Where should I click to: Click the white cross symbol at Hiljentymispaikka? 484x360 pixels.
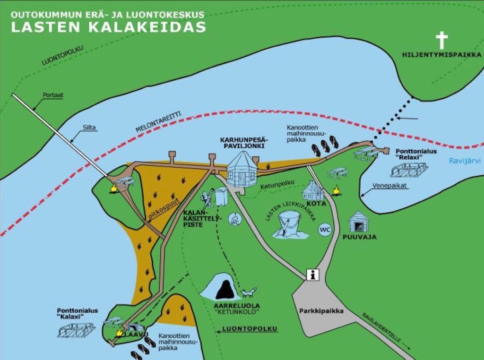(441, 41)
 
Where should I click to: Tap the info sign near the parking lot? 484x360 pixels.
(312, 274)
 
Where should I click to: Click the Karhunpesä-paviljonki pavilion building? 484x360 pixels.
(242, 169)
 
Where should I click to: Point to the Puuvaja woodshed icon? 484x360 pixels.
(359, 222)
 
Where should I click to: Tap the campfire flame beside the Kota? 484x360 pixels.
(336, 190)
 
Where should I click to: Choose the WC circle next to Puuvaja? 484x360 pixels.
(325, 230)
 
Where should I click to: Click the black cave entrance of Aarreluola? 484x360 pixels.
(225, 290)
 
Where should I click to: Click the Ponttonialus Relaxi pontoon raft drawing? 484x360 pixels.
(409, 169)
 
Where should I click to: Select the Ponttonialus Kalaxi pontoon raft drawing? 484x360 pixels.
(76, 330)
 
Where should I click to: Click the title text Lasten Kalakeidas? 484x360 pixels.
(108, 27)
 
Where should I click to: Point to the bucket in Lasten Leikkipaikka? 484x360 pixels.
(290, 223)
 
